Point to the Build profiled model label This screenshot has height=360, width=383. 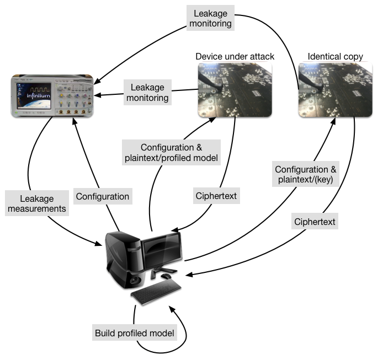tap(135, 333)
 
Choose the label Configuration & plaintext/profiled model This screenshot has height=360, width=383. tap(172, 153)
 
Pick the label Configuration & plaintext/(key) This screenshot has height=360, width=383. tap(306, 174)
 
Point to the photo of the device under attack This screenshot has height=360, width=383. tap(235, 89)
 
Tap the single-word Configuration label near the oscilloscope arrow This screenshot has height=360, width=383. tap(103, 196)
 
